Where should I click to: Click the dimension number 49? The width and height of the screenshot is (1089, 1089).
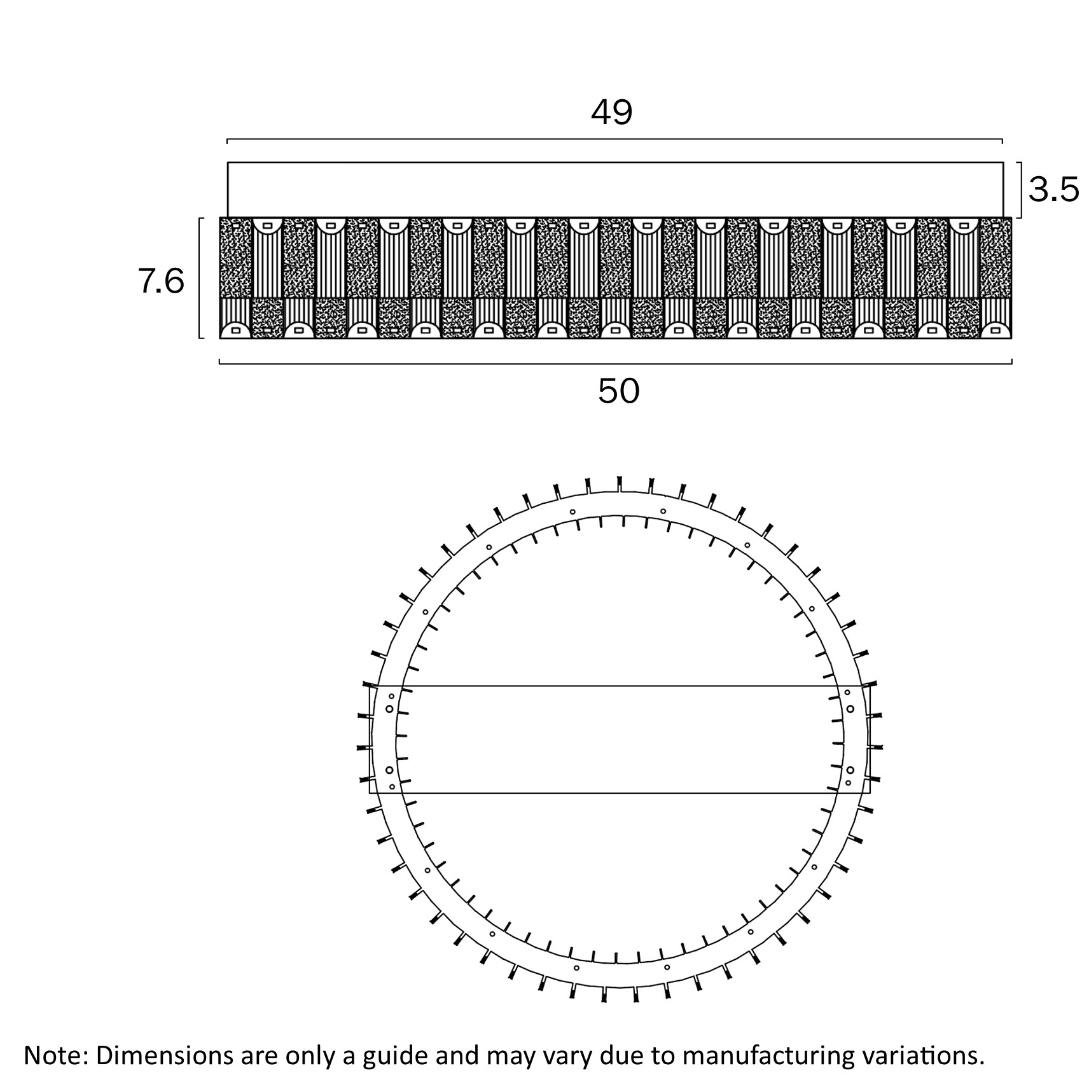pyautogui.click(x=611, y=113)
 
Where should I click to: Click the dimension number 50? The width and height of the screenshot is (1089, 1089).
pyautogui.click(x=618, y=391)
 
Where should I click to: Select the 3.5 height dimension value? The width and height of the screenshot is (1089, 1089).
pyautogui.click(x=1053, y=190)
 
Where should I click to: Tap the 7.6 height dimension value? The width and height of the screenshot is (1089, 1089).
pyautogui.click(x=162, y=281)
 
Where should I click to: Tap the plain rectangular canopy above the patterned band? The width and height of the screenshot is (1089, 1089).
pyautogui.click(x=615, y=190)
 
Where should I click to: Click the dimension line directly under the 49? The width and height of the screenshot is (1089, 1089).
pyautogui.click(x=615, y=139)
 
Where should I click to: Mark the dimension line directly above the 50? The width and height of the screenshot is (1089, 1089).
pyautogui.click(x=615, y=363)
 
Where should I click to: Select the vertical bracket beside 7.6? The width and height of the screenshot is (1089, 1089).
pyautogui.click(x=200, y=278)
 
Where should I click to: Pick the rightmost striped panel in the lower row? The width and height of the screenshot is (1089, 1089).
pyautogui.click(x=995, y=313)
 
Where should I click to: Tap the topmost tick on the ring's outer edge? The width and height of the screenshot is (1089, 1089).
pyautogui.click(x=620, y=483)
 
